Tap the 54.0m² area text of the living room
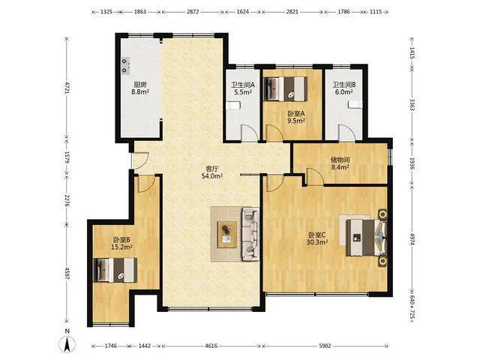tap(211, 176)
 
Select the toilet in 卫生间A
tap(233, 106)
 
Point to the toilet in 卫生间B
tap(355, 104)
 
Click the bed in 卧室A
tap(285, 88)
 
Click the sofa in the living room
tap(250, 234)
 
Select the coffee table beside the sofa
tap(226, 234)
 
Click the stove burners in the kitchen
tap(125, 66)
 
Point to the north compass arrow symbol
tap(67, 343)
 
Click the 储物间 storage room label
tap(340, 160)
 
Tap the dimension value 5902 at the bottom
tap(325, 346)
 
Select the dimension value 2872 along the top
tap(193, 12)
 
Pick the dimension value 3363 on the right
tap(412, 105)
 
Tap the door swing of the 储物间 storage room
tap(315, 177)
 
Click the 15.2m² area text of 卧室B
tap(121, 247)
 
